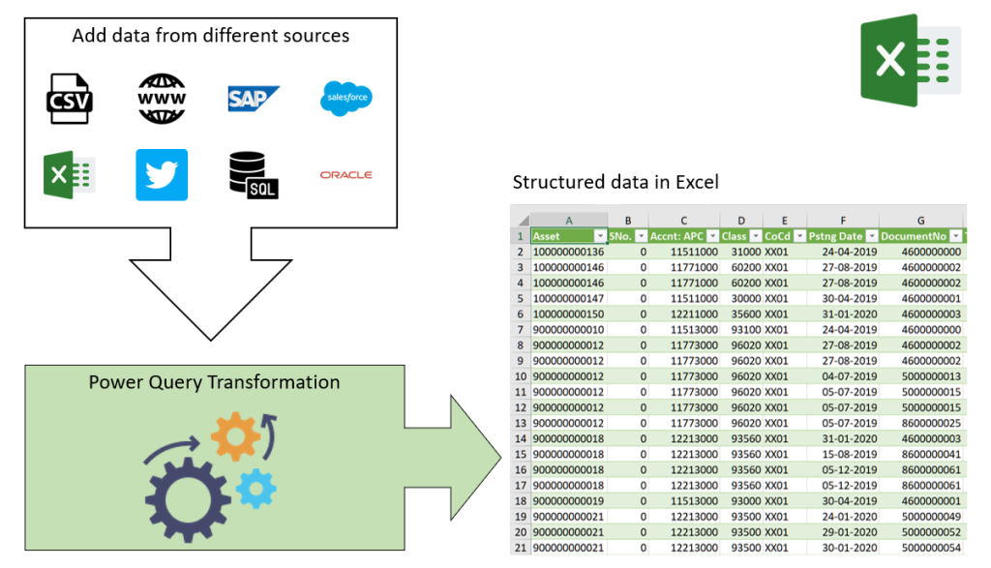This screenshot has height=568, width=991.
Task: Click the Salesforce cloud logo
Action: tap(345, 98)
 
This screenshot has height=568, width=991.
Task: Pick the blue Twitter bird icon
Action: tap(162, 175)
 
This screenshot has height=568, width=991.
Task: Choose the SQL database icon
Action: tap(254, 175)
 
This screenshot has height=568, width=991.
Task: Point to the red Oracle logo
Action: tap(345, 175)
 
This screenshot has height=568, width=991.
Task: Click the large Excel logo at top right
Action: tap(910, 60)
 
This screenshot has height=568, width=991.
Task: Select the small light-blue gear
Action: tap(255, 489)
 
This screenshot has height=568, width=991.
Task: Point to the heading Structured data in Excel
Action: tap(616, 182)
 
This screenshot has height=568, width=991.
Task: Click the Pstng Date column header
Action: tap(836, 236)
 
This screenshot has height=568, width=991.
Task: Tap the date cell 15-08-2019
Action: tap(843, 453)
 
